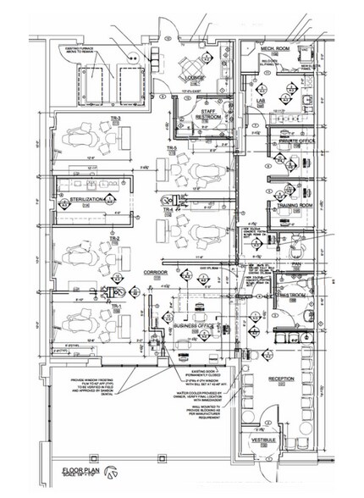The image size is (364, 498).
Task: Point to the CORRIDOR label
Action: [156, 273]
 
